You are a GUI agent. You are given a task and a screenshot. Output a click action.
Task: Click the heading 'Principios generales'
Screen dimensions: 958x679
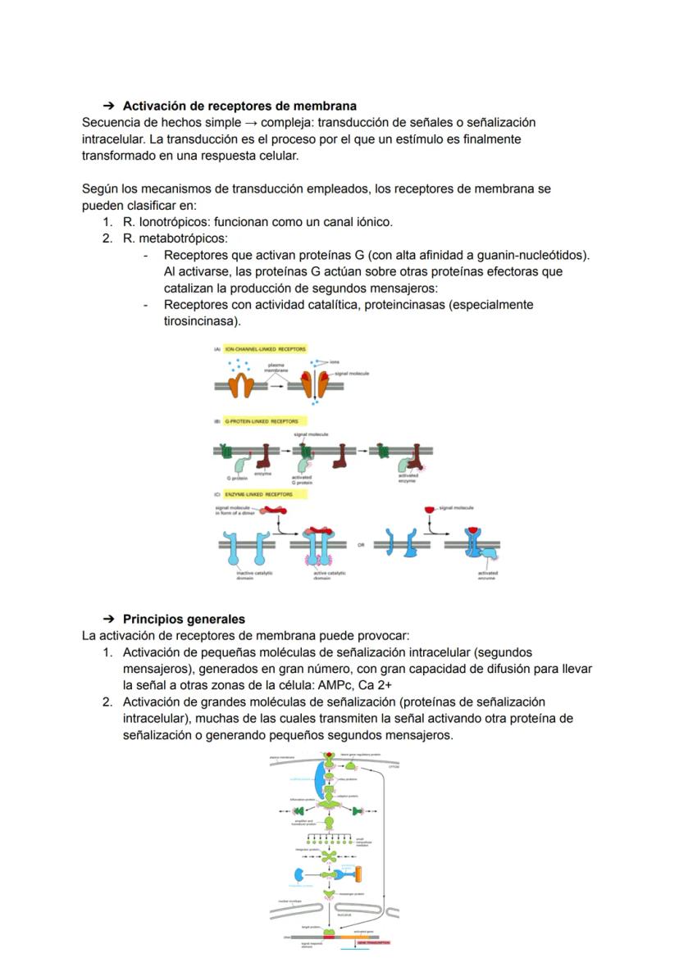(184, 619)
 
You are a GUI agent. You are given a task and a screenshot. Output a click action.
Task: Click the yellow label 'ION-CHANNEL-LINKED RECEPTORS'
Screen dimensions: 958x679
(265, 349)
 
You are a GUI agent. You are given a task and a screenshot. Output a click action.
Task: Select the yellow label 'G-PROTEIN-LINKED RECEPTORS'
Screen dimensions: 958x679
(262, 421)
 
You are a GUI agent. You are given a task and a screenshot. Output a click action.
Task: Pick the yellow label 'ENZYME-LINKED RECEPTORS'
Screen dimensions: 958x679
(258, 495)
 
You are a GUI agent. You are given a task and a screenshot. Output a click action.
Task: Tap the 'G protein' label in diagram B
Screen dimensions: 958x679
(237, 478)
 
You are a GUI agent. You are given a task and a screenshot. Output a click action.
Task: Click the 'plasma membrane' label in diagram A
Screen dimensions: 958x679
(276, 367)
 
